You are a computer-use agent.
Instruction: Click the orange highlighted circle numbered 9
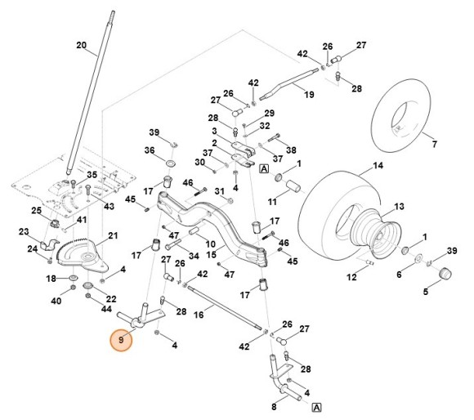[x=122, y=339]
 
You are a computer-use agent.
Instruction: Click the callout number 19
[x=309, y=95]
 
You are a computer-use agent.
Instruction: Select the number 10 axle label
[x=210, y=244]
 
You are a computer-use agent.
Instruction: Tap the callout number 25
[x=37, y=211]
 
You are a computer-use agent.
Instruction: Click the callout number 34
[x=195, y=256]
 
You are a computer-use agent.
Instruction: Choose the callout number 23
[x=23, y=231]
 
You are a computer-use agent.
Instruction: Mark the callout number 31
[x=219, y=191]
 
